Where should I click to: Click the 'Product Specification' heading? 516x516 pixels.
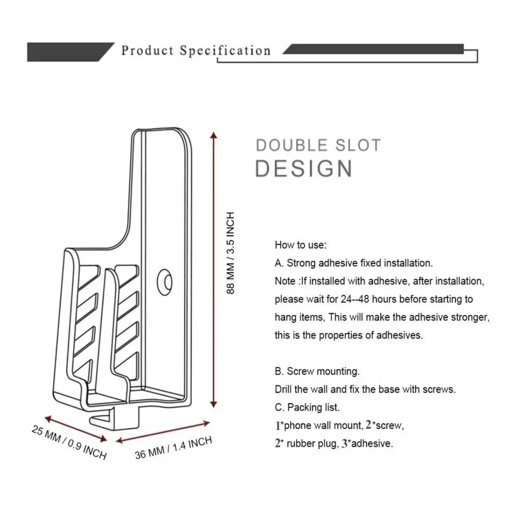point(196,51)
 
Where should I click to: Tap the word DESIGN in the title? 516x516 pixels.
point(304,169)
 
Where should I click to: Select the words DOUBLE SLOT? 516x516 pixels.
point(318,145)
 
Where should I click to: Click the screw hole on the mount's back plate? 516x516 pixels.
point(165,282)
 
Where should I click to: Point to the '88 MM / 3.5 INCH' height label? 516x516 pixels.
point(230,253)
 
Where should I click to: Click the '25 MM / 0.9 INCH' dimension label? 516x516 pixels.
point(69,442)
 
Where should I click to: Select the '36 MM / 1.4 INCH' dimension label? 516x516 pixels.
point(173,448)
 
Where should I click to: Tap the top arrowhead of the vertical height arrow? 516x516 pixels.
point(214,135)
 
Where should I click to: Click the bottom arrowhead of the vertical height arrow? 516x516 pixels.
point(214,404)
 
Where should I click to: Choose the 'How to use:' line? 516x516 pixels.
point(300,245)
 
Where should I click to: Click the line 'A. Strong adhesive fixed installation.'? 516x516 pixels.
point(354,263)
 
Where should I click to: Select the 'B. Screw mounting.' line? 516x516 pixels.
point(317,371)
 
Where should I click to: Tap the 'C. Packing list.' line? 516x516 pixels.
point(307,407)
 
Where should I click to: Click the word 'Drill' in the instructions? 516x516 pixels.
point(283,389)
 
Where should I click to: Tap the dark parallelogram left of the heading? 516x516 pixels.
point(71,52)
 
